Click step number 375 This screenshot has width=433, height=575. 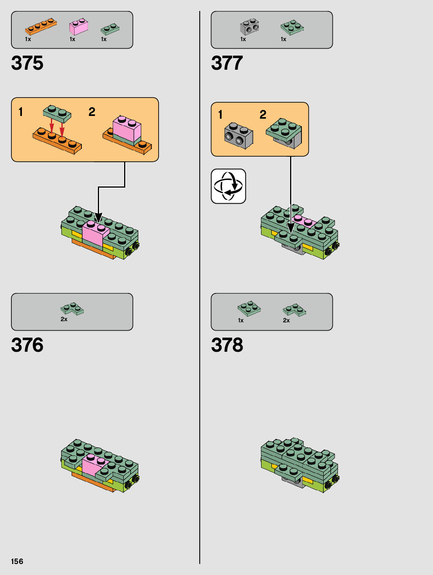point(27,63)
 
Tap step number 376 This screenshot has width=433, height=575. point(27,345)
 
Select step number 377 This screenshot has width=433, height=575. point(227,63)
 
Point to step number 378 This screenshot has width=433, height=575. point(227,345)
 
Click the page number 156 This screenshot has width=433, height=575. point(17,561)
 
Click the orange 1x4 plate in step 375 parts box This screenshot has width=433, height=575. point(40,26)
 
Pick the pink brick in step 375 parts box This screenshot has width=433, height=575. point(78,27)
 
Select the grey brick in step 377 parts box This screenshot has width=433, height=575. point(249,27)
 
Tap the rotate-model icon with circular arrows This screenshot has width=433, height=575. point(228,186)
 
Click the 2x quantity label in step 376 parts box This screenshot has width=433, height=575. point(64,319)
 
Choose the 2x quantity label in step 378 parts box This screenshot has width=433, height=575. point(286,320)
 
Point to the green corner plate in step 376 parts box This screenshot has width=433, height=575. point(72,309)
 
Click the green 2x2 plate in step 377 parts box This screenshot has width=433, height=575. point(292,27)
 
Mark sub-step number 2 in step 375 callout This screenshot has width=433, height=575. point(92,112)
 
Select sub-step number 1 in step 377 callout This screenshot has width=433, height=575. point(220,114)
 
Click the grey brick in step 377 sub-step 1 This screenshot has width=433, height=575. point(238,136)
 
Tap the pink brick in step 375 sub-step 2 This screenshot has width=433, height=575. point(126,128)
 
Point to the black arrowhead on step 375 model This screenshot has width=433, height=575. point(98,217)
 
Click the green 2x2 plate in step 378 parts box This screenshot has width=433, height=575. point(249,308)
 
